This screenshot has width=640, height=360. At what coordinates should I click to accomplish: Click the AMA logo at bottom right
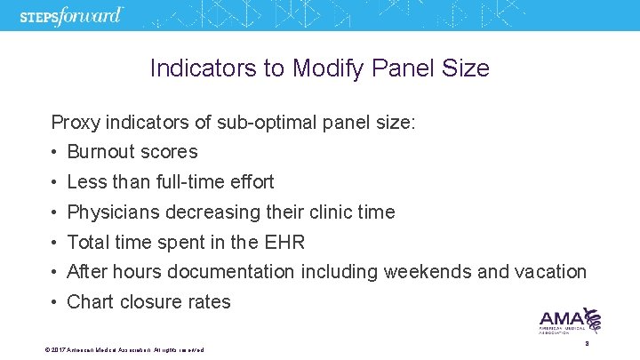570,321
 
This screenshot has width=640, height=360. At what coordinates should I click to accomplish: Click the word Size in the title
465,68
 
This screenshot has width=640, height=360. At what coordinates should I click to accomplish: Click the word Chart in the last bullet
89,302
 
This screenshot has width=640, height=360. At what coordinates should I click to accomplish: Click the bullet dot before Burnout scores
55,152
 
